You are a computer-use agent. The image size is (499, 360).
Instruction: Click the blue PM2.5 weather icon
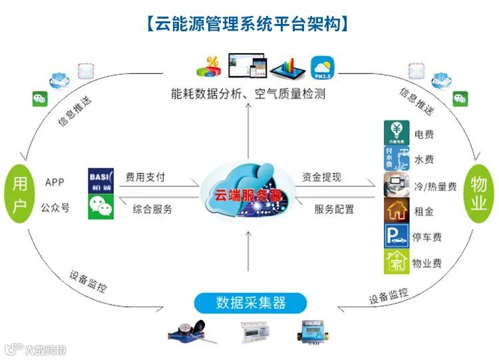pyautogui.click(x=322, y=67)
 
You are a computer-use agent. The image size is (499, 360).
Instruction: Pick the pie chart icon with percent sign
pyautogui.click(x=209, y=67)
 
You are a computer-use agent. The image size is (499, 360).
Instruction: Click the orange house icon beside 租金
pyautogui.click(x=397, y=210)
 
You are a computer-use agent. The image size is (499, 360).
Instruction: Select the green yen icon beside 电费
pyautogui.click(x=397, y=133)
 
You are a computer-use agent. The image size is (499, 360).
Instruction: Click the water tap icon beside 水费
pyautogui.click(x=397, y=159)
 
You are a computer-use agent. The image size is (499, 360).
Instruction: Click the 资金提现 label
pyautogui.click(x=321, y=178)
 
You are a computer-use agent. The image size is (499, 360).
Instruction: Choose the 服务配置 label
pyautogui.click(x=334, y=209)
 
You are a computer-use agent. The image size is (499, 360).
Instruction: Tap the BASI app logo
pyautogui.click(x=101, y=180)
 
